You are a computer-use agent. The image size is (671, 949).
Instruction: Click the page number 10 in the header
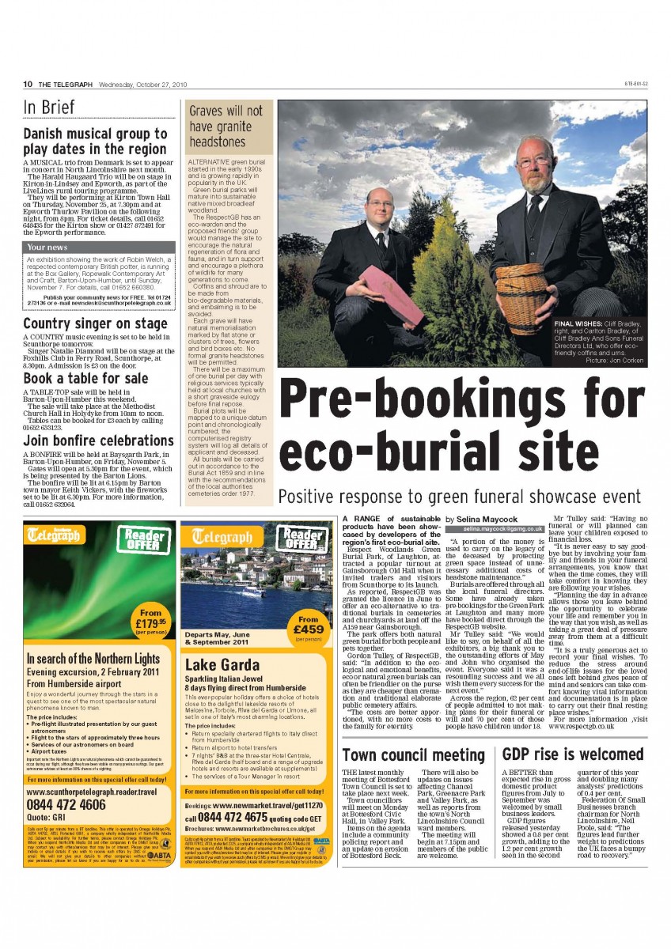(26, 84)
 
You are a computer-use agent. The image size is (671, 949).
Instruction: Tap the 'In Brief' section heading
(49, 108)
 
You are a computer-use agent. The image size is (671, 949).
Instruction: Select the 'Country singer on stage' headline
(95, 323)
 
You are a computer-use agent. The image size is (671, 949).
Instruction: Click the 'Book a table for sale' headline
(85, 378)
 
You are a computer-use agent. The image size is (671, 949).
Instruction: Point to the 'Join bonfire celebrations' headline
(98, 440)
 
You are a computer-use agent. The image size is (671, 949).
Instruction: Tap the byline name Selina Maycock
(487, 519)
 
